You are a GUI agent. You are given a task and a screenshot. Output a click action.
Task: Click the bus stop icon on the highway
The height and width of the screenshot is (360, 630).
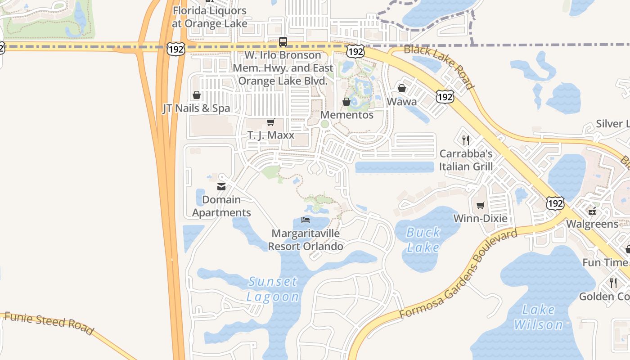tap(283, 42)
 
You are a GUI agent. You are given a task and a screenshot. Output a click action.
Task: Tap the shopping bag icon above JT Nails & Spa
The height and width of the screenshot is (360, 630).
tap(197, 95)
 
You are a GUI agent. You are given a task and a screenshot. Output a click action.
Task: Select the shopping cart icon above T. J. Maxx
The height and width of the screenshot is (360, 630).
tap(271, 122)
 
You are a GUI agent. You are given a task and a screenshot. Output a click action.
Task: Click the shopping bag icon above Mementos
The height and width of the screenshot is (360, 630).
tap(346, 102)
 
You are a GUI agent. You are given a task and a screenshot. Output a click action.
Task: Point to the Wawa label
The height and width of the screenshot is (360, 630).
tap(402, 102)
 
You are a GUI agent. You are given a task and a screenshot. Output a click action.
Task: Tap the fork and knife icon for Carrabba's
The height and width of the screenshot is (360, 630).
tap(466, 140)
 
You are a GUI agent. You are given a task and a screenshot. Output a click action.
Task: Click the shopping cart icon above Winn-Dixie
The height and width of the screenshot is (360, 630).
tap(481, 206)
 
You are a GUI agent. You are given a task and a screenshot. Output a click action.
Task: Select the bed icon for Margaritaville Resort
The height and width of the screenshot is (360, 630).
tap(306, 220)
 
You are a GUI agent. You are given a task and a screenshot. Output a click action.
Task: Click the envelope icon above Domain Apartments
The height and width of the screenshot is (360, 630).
tap(221, 187)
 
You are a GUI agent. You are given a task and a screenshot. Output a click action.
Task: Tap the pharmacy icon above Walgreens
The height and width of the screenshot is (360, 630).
tap(592, 211)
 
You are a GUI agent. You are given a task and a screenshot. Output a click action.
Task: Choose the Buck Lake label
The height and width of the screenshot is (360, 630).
tap(423, 240)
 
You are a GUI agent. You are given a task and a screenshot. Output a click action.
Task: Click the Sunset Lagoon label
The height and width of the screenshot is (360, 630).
tap(273, 289)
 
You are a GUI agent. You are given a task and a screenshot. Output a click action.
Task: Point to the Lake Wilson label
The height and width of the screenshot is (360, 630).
tap(539, 317)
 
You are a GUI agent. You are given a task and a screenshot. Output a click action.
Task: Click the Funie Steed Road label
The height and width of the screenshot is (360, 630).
tap(49, 322)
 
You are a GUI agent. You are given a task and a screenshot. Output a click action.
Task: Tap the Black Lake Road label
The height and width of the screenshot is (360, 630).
tap(439, 67)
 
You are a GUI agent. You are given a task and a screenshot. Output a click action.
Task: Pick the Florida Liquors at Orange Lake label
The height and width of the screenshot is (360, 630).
tap(210, 17)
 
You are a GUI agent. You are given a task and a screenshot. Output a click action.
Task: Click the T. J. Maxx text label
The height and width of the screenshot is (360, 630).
tap(271, 135)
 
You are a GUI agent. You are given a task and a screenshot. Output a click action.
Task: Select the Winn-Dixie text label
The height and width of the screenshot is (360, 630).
tap(480, 219)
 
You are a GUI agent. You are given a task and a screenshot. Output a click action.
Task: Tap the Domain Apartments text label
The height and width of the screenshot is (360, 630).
tap(221, 206)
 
